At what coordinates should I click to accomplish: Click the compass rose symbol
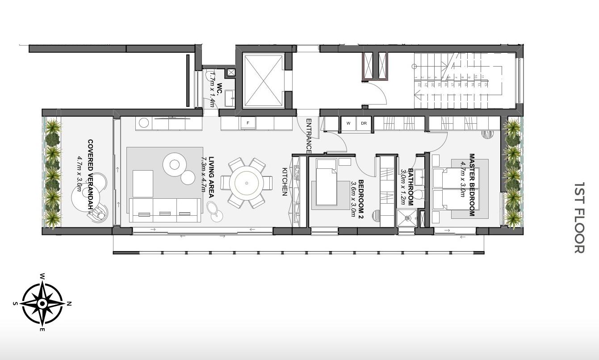[42, 304]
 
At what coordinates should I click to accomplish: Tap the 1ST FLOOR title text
[579, 218]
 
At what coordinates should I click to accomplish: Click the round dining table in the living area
[247, 183]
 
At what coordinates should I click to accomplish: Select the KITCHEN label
[285, 181]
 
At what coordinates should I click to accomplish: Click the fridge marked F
[248, 123]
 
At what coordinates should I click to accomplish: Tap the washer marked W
[348, 123]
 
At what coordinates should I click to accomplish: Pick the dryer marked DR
[364, 123]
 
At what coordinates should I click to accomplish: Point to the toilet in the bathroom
[418, 195]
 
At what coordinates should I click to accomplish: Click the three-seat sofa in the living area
[164, 210]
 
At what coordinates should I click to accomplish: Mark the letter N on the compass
[69, 304]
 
